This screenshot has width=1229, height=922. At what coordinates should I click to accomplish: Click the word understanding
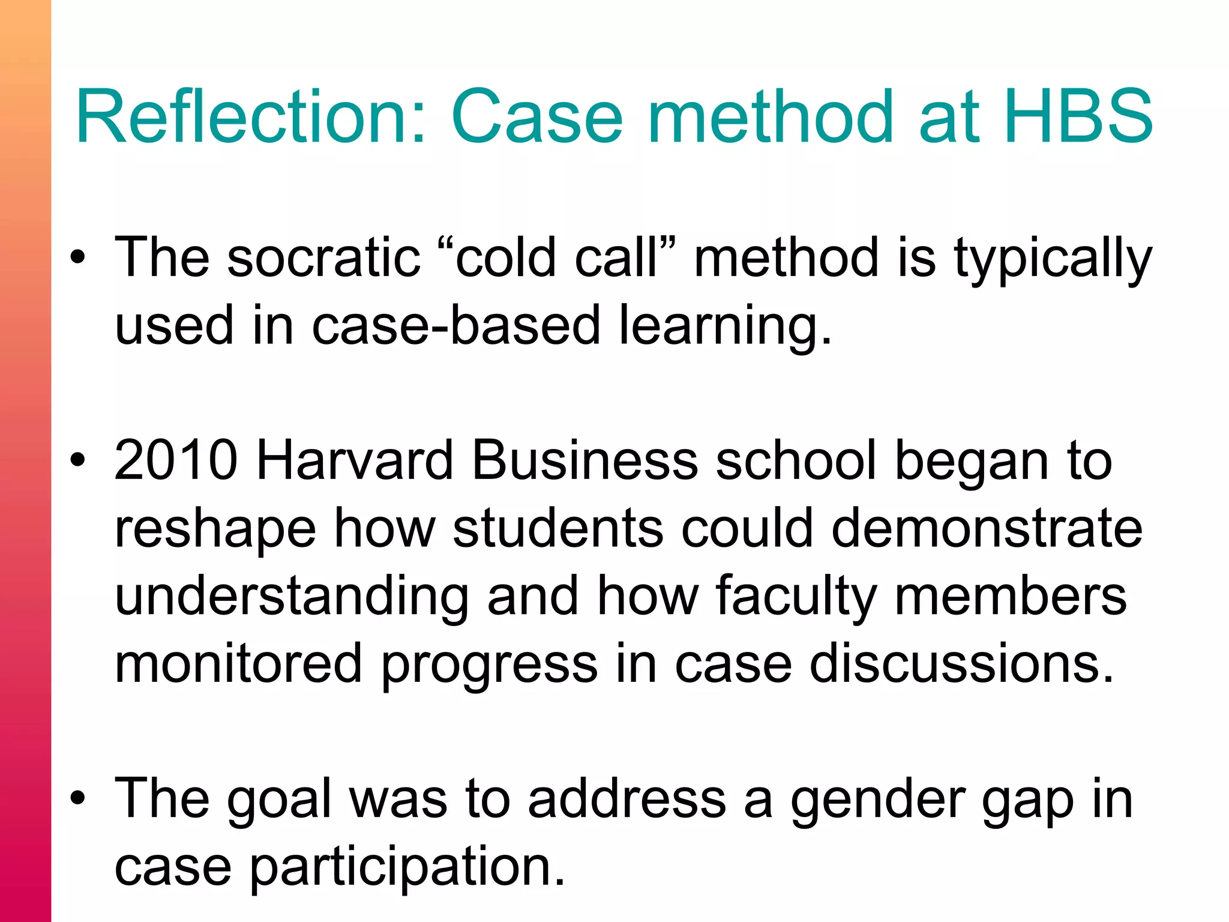292,598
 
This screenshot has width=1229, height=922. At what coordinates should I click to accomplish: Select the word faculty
796,598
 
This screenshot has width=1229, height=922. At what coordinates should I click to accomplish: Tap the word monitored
238,664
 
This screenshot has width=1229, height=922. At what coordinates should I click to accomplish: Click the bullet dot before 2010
77,460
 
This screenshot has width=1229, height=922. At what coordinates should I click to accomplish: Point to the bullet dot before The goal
77,799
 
